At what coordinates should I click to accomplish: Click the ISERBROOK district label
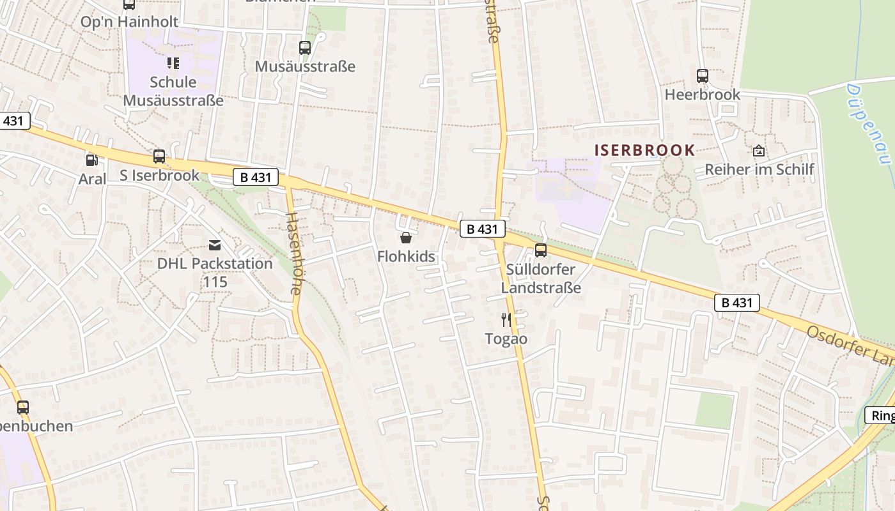point(644,150)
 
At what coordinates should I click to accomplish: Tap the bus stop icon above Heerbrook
point(702,76)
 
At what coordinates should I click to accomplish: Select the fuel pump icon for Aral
point(92,160)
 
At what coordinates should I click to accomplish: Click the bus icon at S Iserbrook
point(159,156)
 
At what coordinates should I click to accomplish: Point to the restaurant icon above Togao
point(506,320)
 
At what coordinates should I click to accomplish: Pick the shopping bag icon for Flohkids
point(405,238)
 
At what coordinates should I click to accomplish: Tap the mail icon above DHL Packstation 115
point(215,245)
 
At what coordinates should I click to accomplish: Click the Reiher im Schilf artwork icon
point(759,151)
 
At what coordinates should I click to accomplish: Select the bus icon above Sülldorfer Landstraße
point(541,250)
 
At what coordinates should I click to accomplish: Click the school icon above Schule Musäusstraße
point(173,63)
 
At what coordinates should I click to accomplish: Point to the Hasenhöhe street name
point(293,253)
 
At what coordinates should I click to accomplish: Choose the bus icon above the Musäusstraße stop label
point(305,48)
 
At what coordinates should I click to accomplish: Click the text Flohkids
point(406,257)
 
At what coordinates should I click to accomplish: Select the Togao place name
point(506,339)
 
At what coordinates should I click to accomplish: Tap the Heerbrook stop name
point(702,95)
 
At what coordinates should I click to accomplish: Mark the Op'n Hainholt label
point(129,22)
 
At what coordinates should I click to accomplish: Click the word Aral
point(92,179)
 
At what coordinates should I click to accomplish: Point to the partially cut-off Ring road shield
point(881,416)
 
